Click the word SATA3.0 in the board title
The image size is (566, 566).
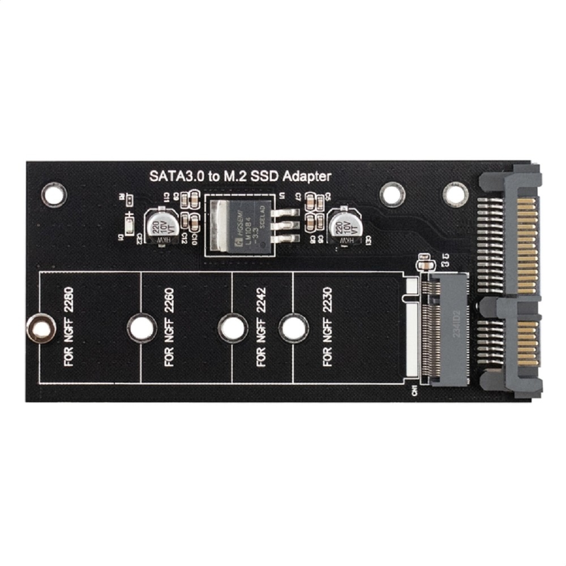click(x=173, y=176)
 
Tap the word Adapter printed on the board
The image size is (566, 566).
click(x=307, y=176)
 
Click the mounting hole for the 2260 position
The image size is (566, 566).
click(x=141, y=328)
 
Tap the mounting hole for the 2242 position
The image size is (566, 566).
click(x=231, y=328)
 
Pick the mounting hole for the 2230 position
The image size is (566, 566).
click(x=293, y=328)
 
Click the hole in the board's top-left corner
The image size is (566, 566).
click(x=54, y=194)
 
